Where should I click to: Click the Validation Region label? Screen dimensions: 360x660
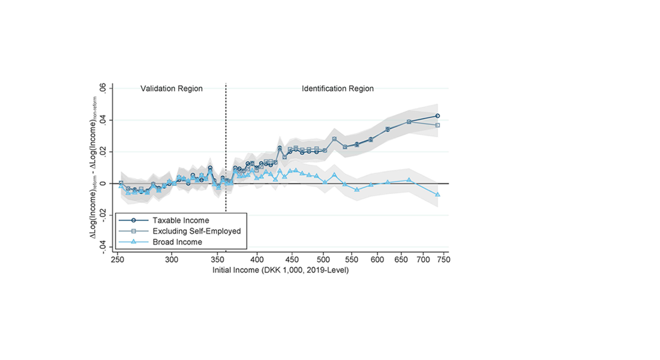coord(172,89)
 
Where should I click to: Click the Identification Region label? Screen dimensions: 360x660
coord(337,89)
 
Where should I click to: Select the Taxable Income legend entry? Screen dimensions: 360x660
coord(181,221)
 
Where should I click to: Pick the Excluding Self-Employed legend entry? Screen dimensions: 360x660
coord(196,231)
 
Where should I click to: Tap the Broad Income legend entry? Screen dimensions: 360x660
coord(177,242)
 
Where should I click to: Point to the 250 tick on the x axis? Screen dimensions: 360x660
coord(118,259)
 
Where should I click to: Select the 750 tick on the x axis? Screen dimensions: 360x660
coord(443,259)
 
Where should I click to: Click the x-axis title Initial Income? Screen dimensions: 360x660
coord(281,271)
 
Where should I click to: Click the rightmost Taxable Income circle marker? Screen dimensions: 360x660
coord(438,116)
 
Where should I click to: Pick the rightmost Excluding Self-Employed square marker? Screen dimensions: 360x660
coord(438,125)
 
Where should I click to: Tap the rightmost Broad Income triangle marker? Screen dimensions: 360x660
coord(438,194)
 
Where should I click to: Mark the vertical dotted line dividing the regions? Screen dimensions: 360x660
coord(226,150)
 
